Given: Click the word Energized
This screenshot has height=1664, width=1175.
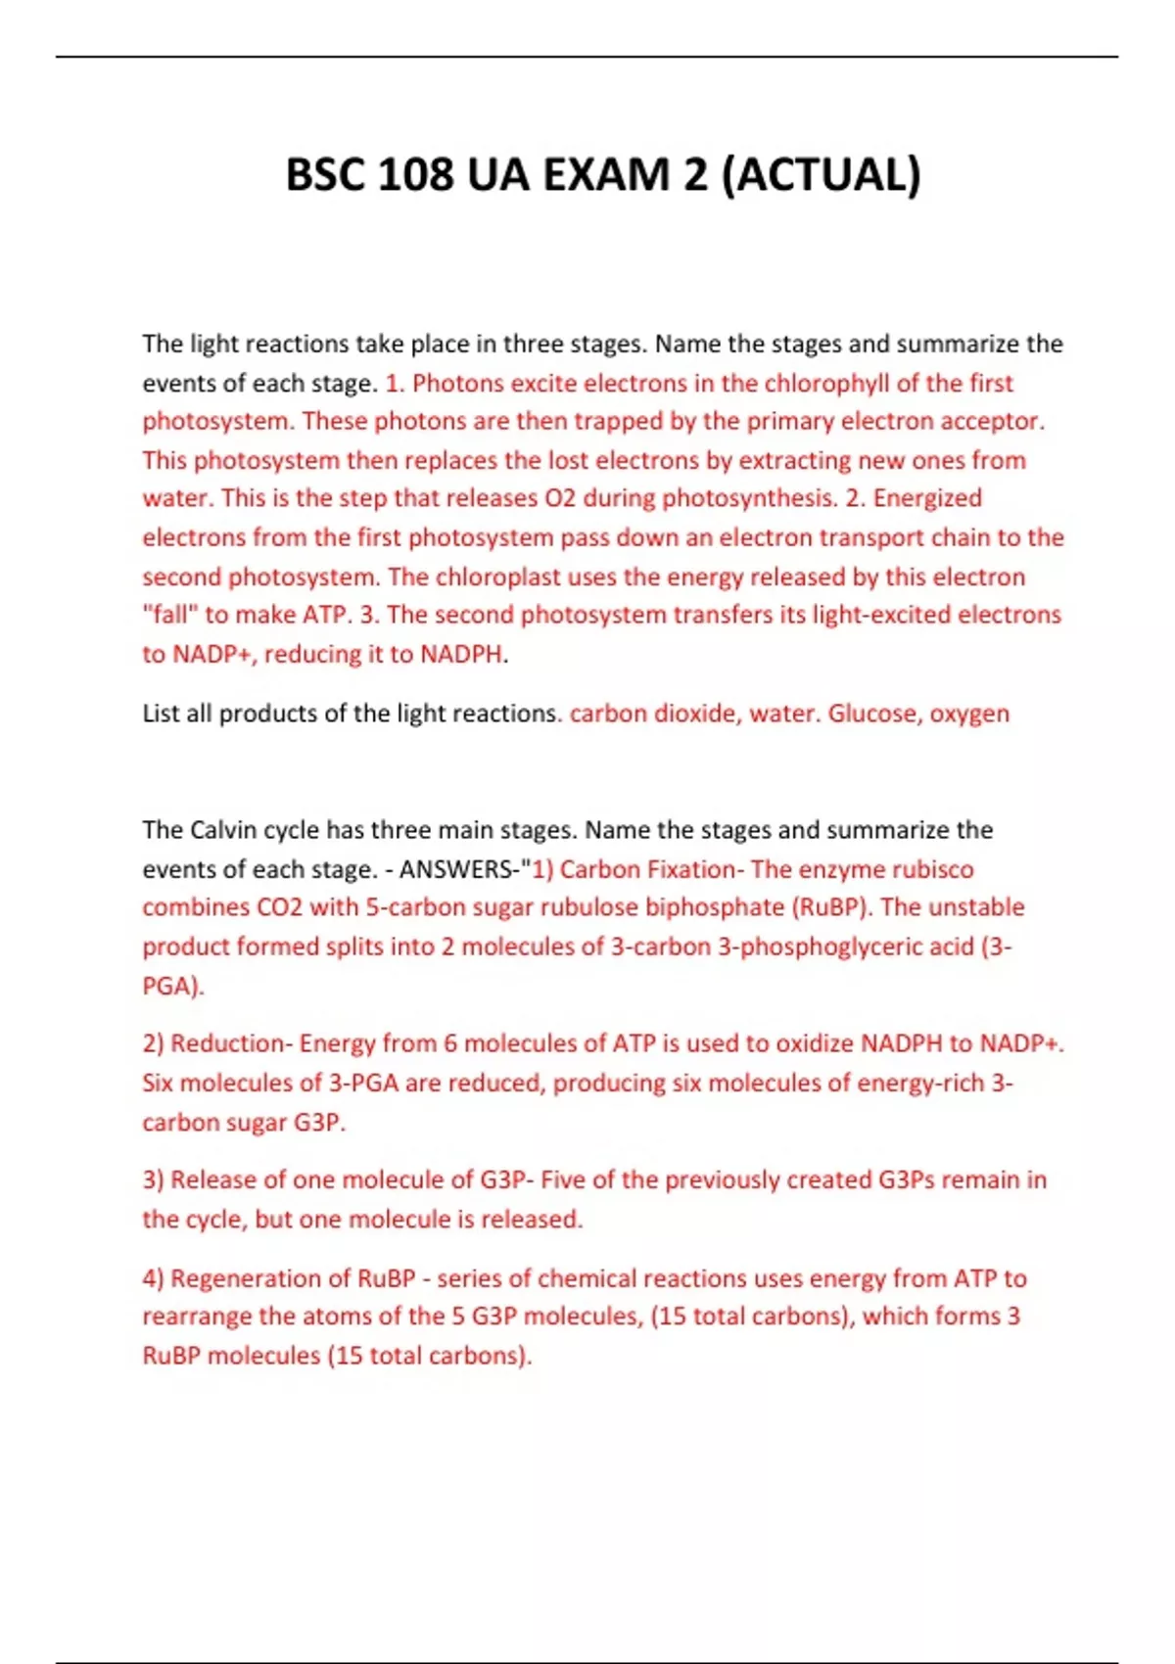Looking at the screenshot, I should [927, 498].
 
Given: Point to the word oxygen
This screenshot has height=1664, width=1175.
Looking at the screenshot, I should [969, 714].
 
